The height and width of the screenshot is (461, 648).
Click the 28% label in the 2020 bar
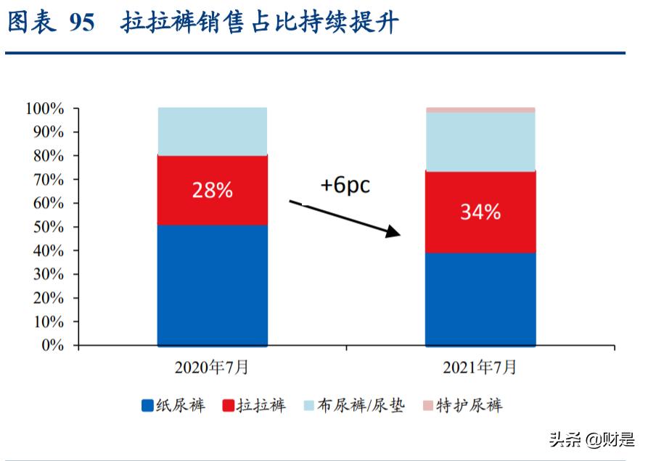[212, 191]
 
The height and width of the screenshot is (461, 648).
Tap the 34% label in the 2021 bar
[480, 212]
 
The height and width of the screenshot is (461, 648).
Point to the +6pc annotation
[345, 185]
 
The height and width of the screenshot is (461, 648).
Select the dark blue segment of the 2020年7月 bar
[212, 285]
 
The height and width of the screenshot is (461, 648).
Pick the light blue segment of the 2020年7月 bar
[212, 131]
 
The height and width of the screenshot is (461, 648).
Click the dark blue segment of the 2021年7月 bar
[480, 299]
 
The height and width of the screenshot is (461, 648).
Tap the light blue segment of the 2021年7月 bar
[480, 141]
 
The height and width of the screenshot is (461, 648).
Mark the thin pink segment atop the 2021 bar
[480, 110]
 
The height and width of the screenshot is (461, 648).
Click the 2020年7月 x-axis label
[212, 367]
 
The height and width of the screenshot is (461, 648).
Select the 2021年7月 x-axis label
[480, 367]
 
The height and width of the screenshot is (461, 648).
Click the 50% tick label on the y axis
[49, 227]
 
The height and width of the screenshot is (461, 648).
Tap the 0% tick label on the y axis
[52, 346]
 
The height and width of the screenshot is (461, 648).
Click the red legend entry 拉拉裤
[253, 405]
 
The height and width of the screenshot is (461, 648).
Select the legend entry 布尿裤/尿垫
[353, 405]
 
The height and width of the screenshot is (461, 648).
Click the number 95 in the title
[82, 23]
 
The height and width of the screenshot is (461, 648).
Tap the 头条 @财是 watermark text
[591, 439]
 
